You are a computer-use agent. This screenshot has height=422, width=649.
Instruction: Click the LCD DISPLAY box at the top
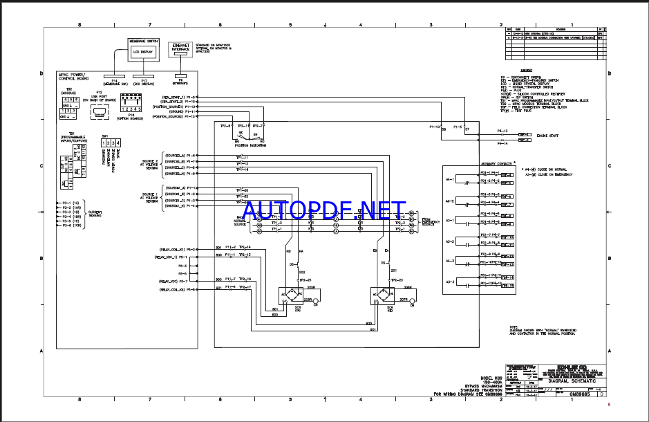click(144, 52)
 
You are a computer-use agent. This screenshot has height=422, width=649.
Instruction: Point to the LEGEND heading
click(527, 70)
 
